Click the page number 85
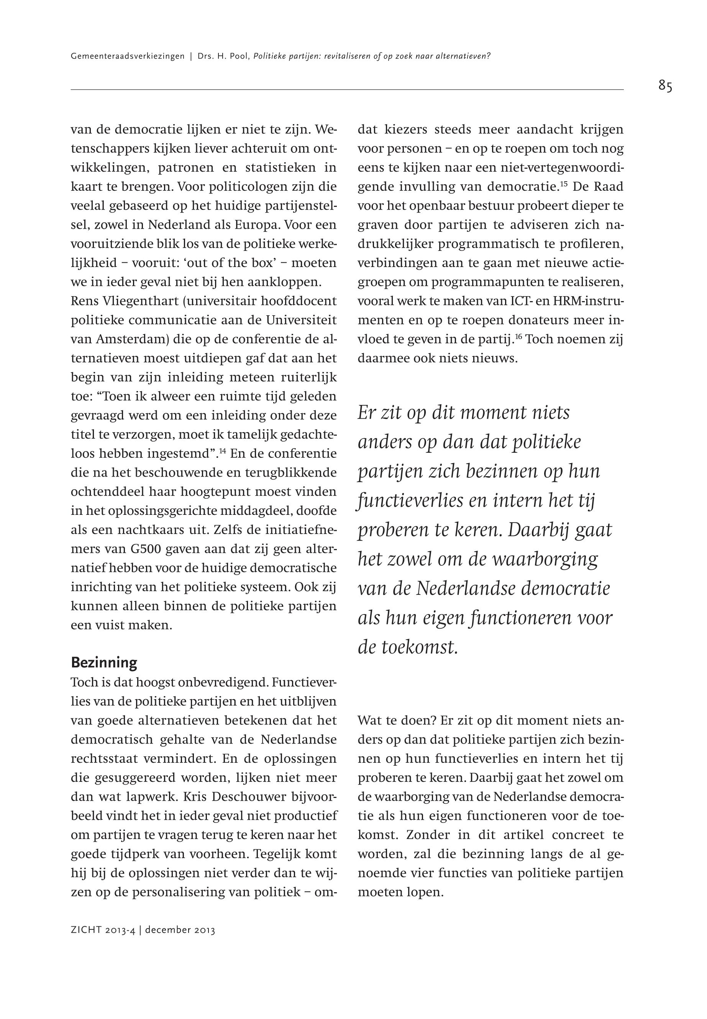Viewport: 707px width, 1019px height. pos(665,85)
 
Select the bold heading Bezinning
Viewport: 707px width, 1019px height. pos(104,663)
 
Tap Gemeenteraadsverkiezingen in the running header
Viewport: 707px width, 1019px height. pos(128,56)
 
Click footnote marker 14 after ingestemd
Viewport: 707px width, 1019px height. pos(222,451)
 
